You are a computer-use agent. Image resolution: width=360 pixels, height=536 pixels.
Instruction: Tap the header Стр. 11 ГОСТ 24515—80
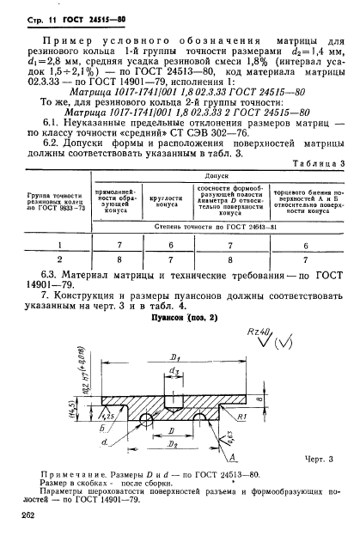click(x=78, y=18)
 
